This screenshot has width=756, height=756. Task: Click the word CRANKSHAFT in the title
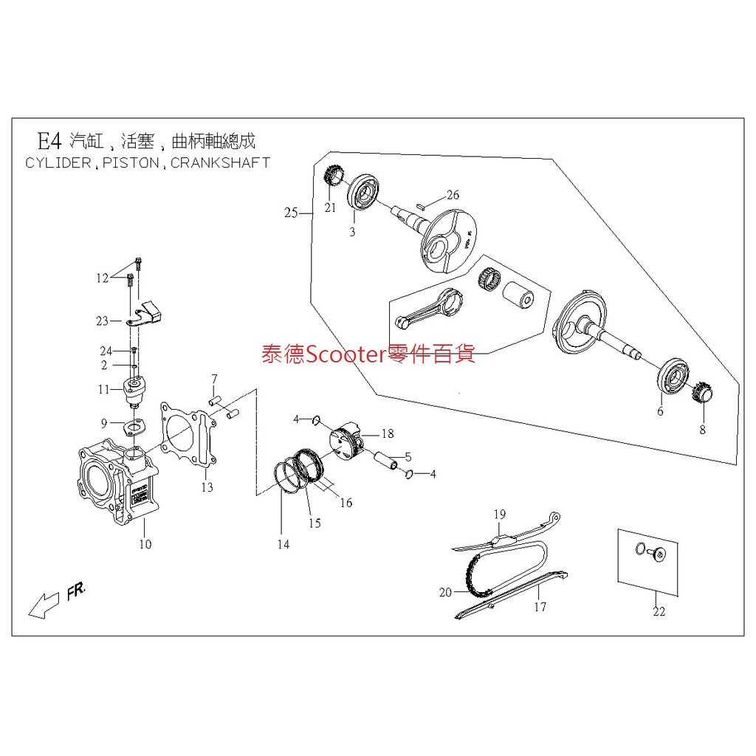pyautogui.click(x=220, y=162)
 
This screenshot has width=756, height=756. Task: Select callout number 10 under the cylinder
pyautogui.click(x=145, y=545)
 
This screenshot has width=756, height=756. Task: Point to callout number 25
pyautogui.click(x=290, y=213)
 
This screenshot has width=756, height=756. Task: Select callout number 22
pyautogui.click(x=659, y=611)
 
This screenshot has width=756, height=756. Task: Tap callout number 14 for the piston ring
pyautogui.click(x=283, y=545)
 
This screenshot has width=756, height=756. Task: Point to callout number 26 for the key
pyautogui.click(x=453, y=195)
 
